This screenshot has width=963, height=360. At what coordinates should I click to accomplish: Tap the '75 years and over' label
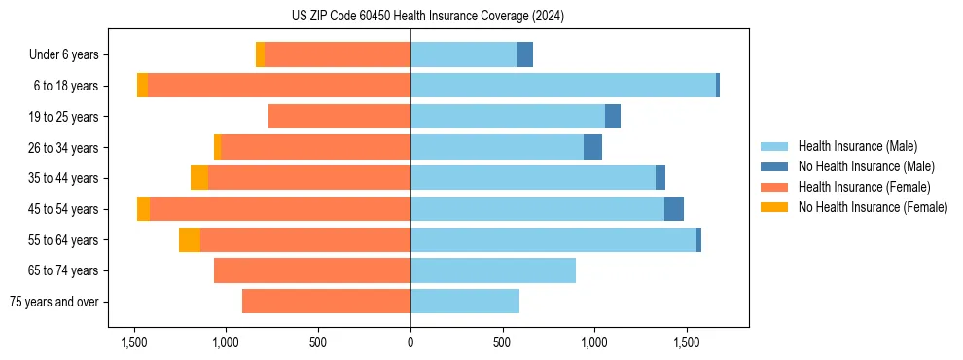coord(53,302)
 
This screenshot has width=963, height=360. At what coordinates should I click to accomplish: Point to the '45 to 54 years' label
coord(63,209)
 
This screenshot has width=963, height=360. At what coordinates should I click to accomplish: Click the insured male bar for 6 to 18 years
coord(563,86)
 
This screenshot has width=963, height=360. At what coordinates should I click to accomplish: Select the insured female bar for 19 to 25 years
coord(339,117)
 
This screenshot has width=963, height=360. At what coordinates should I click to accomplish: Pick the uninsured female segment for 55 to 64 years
coord(190,240)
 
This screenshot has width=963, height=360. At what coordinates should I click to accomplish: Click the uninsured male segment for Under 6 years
coord(524,55)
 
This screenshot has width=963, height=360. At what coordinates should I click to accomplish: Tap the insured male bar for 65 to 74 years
coord(493,270)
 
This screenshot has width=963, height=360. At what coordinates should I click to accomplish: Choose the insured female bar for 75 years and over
coord(326,302)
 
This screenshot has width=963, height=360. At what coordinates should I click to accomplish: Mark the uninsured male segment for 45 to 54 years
coord(674,209)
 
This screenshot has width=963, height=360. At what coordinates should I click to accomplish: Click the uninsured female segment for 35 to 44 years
coord(199,178)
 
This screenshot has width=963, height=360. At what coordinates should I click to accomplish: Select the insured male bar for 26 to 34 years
coord(497,147)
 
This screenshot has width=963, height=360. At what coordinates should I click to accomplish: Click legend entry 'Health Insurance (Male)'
coord(857,146)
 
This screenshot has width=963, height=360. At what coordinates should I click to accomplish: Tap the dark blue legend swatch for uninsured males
coord(774,166)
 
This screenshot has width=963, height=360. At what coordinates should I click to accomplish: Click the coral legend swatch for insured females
coord(774,187)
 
